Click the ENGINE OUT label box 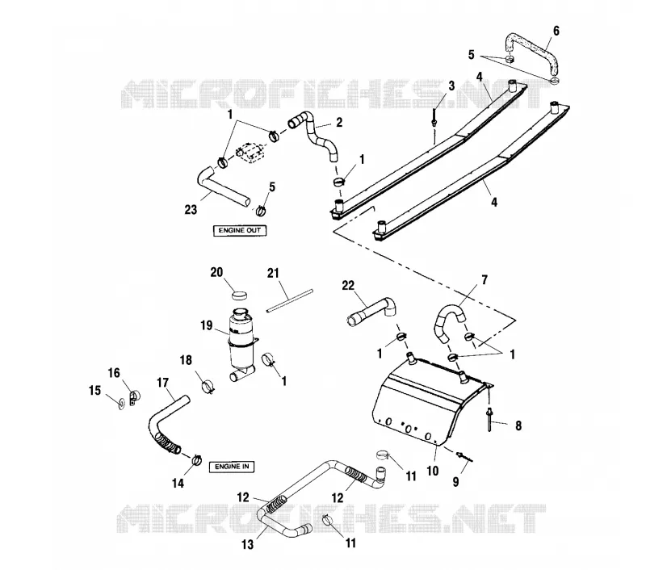point(239,231)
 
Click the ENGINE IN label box point(232,467)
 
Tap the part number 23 point(191,210)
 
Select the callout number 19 point(207,325)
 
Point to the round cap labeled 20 point(239,295)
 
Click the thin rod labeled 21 point(290,301)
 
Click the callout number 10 point(432,471)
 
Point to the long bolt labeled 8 point(489,419)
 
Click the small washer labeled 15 point(120,403)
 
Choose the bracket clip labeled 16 point(133,397)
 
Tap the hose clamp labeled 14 point(196,459)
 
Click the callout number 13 point(247,544)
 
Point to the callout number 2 point(338,123)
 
